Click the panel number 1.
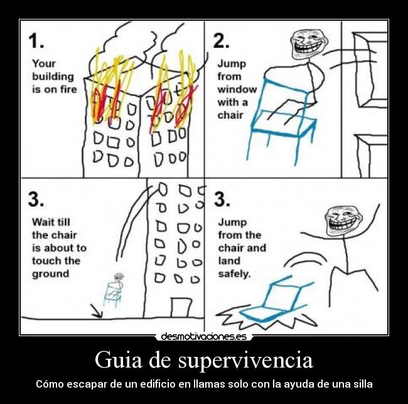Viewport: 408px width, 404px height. coord(36,41)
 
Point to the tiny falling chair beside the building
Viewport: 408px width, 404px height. coord(113,290)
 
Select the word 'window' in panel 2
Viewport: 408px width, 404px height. coord(237,89)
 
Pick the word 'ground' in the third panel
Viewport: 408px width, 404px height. coord(50,274)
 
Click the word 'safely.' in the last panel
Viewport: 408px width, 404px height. coord(234,274)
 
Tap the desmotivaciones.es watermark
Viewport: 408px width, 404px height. coord(203,337)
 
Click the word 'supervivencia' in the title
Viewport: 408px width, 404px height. coord(245,361)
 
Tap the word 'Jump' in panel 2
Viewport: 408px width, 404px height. coord(231,63)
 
